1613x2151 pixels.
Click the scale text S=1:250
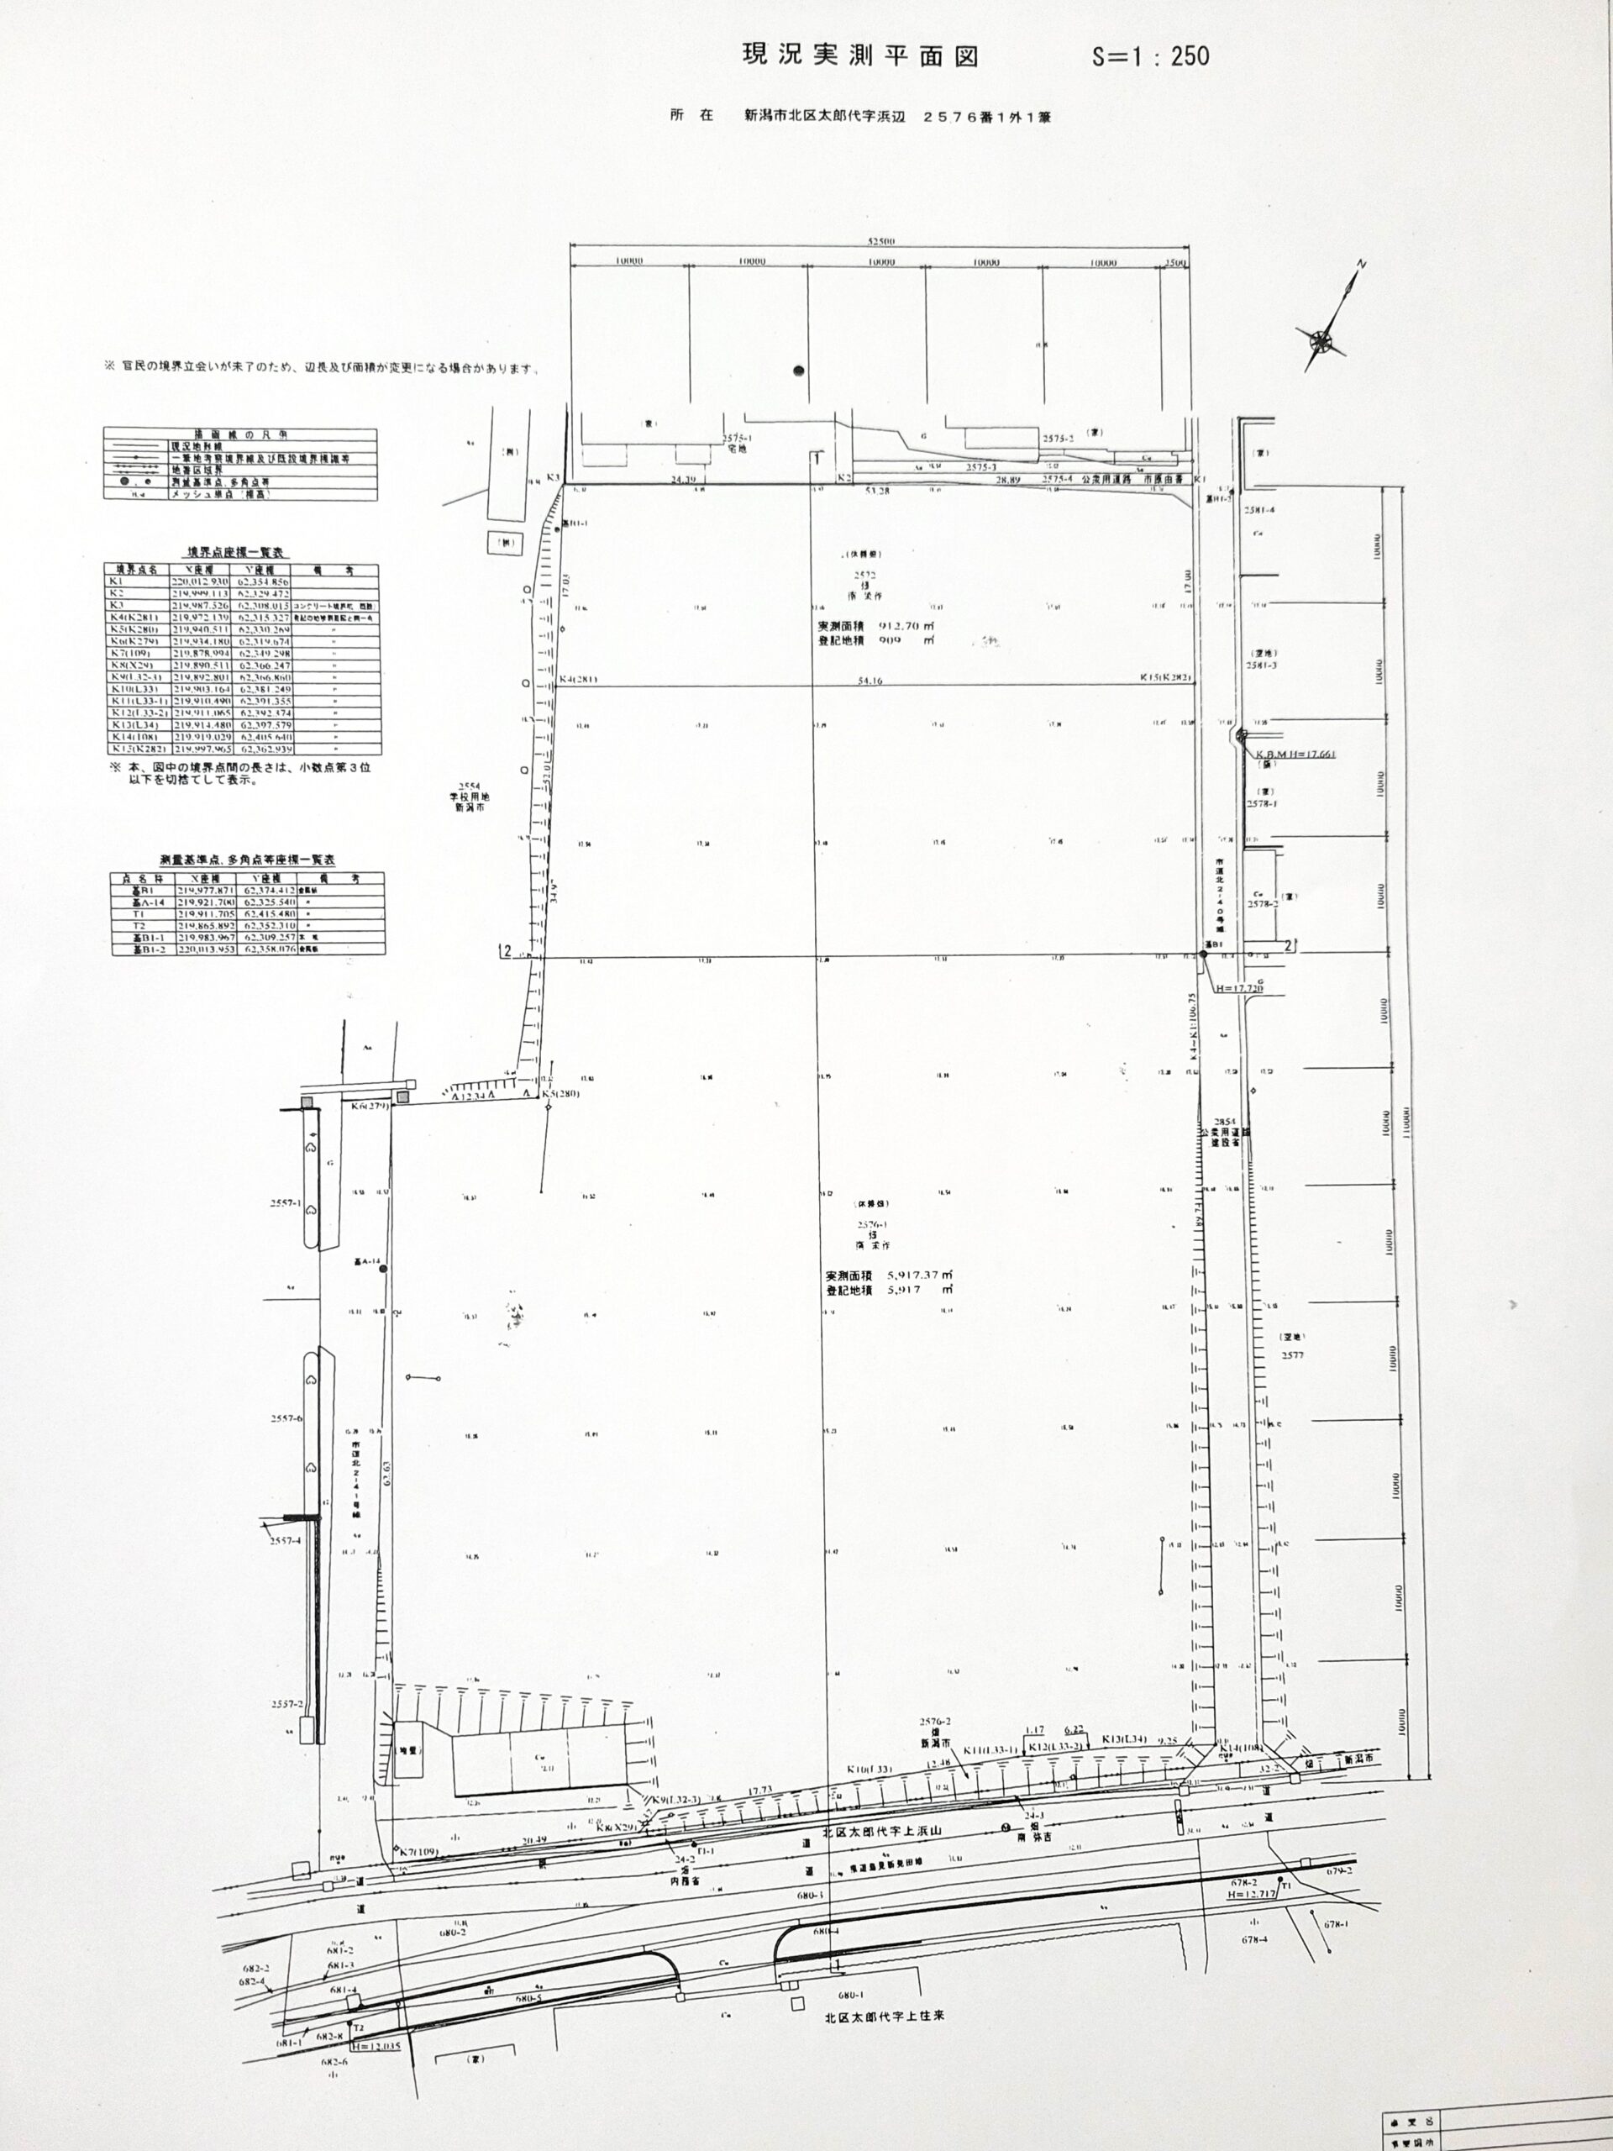(x=1150, y=56)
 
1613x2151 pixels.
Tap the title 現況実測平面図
(x=859, y=55)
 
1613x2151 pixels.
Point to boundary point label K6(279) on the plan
(x=370, y=1106)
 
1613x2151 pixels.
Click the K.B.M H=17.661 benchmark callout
(x=1290, y=754)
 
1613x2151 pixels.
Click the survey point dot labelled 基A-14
(x=383, y=1269)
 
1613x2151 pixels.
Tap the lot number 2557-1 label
(x=286, y=1203)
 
